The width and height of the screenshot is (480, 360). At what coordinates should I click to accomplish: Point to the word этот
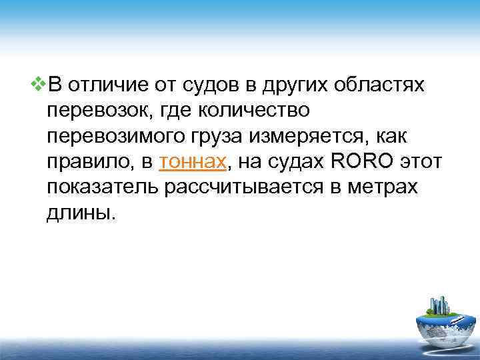(x=423, y=161)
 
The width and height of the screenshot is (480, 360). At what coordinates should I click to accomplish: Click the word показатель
(x=103, y=187)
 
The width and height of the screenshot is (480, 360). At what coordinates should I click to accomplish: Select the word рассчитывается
(x=243, y=187)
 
